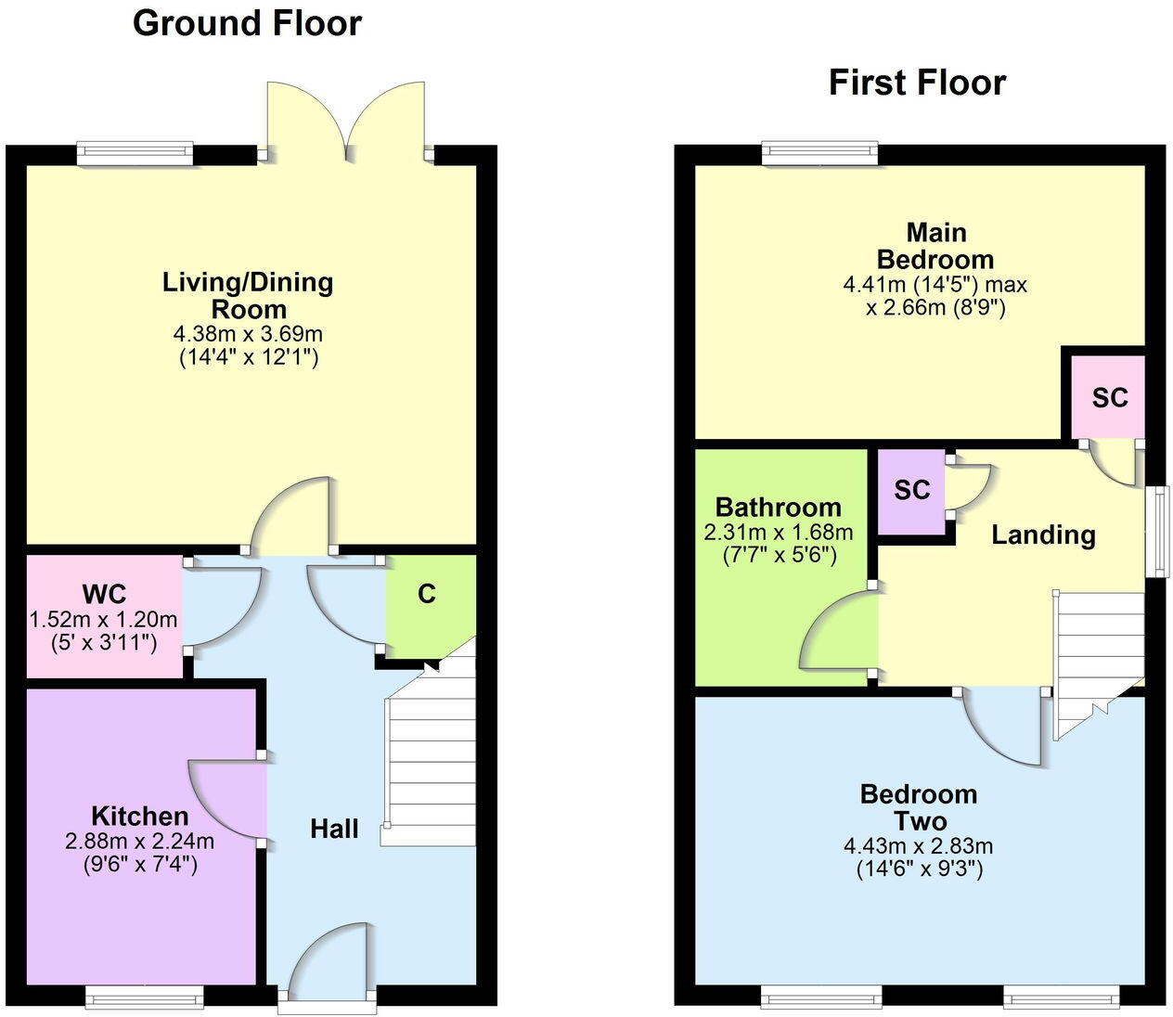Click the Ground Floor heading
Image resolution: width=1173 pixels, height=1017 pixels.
pos(247,24)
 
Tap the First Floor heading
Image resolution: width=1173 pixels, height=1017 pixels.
pos(917,83)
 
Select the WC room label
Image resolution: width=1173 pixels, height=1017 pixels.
pos(105,594)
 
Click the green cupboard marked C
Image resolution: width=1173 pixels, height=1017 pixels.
pos(431,606)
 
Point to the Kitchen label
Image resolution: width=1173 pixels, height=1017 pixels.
pos(139,816)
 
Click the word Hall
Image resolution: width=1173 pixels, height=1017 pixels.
pos(334,830)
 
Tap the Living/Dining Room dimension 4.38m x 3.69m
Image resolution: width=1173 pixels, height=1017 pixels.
pos(248,334)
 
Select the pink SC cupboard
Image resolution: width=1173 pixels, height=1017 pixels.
pos(1107,397)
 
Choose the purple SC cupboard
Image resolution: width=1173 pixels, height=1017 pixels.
pos(911,492)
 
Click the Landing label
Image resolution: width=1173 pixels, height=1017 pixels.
pos(1043,535)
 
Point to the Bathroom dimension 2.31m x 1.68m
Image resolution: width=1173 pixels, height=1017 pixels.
pos(778,532)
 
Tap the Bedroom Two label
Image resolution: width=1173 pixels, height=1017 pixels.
pos(919,807)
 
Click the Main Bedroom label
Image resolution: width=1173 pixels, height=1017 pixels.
pos(935,246)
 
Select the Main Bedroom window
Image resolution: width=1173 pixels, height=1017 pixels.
pos(820,152)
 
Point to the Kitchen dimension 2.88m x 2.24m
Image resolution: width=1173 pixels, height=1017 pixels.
pos(139,841)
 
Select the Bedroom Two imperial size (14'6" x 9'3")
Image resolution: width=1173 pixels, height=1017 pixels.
pos(920,869)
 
